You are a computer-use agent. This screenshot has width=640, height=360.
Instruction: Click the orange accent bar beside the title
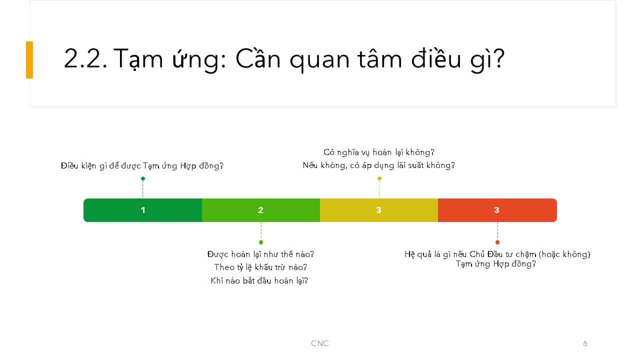pos(29,59)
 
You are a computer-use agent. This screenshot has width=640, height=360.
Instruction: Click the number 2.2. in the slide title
pos(85,58)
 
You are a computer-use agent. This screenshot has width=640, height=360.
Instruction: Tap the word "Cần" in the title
pos(258,57)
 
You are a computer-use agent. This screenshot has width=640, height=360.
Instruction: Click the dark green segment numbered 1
pos(142,210)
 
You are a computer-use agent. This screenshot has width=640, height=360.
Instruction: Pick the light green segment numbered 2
pos(261,210)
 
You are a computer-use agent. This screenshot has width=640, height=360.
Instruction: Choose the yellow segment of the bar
pos(379,210)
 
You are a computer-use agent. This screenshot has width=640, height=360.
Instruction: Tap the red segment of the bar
pos(497,210)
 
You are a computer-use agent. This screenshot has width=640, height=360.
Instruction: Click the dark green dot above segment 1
pos(143,178)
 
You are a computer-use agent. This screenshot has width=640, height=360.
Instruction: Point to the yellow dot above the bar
pos(379,178)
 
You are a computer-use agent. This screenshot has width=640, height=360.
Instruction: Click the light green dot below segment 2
pos(261,242)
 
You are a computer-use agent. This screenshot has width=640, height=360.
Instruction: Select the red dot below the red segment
pos(497,242)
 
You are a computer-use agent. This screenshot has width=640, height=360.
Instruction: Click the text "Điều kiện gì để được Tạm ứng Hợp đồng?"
pos(142,166)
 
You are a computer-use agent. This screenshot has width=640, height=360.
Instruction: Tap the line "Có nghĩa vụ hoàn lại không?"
pos(379,152)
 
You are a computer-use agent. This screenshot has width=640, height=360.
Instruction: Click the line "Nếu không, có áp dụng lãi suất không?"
pos(379,165)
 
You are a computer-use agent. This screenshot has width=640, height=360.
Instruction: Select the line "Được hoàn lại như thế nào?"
pos(260,254)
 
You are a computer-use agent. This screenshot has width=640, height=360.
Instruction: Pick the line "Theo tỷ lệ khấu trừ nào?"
pos(260,267)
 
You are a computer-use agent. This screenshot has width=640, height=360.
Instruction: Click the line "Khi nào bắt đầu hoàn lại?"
pos(259,280)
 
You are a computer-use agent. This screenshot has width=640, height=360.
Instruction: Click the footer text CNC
pos(320,343)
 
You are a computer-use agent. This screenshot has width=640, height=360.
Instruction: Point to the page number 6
pos(585,343)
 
